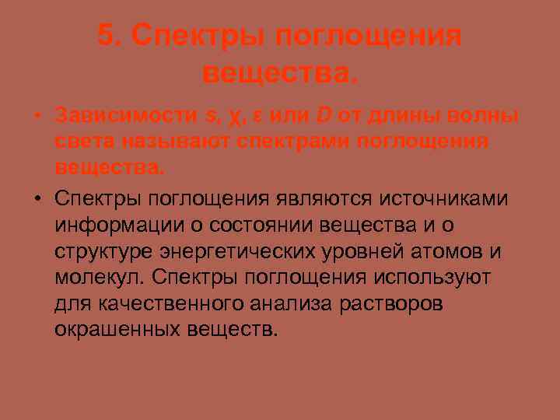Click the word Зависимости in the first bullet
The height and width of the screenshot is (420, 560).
(125, 117)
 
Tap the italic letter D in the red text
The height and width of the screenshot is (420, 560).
(323, 117)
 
